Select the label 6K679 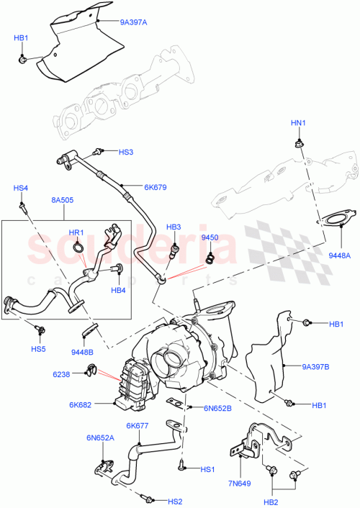pos(155,187)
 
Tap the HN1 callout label pos(297,124)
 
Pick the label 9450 pos(210,237)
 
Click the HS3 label pos(126,152)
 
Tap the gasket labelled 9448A pos(333,219)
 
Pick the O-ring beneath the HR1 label pos(81,250)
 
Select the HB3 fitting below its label pos(173,252)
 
